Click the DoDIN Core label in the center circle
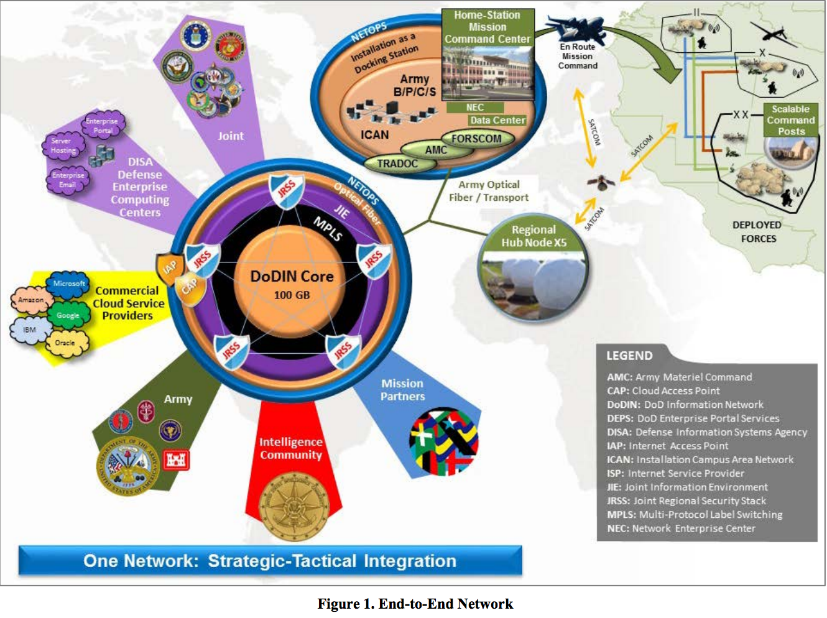pos(292,277)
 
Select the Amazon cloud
pos(31,300)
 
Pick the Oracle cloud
pos(65,343)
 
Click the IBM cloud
pos(29,330)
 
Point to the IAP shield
pos(169,268)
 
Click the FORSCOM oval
pos(476,139)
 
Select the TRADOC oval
pos(397,164)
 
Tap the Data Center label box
pos(497,120)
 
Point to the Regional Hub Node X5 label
pos(534,236)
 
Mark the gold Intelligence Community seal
pos(293,507)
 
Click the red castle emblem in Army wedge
pos(176,459)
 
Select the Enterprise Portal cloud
pos(103,124)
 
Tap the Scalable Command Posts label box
pos(791,120)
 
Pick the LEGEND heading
pos(629,356)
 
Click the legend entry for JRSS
pos(686,501)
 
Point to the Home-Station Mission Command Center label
pos(487,27)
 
